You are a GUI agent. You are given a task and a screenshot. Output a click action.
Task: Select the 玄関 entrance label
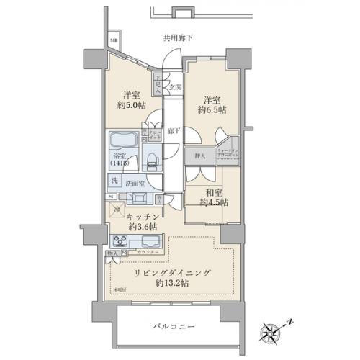175,87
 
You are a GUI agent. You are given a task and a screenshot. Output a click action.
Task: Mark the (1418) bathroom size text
120,163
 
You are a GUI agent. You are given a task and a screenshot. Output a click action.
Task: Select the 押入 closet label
199,156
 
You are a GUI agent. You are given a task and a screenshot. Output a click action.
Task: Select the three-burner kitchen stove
120,240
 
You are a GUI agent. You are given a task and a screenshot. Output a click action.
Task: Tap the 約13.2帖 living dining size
172,284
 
